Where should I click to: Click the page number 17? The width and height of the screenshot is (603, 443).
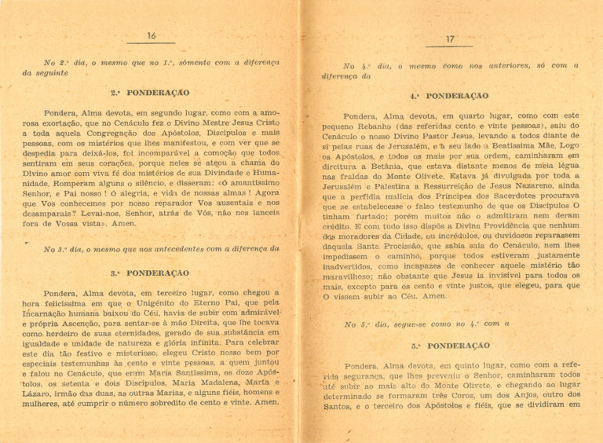451,39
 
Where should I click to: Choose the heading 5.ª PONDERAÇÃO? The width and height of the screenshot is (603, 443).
450,346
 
